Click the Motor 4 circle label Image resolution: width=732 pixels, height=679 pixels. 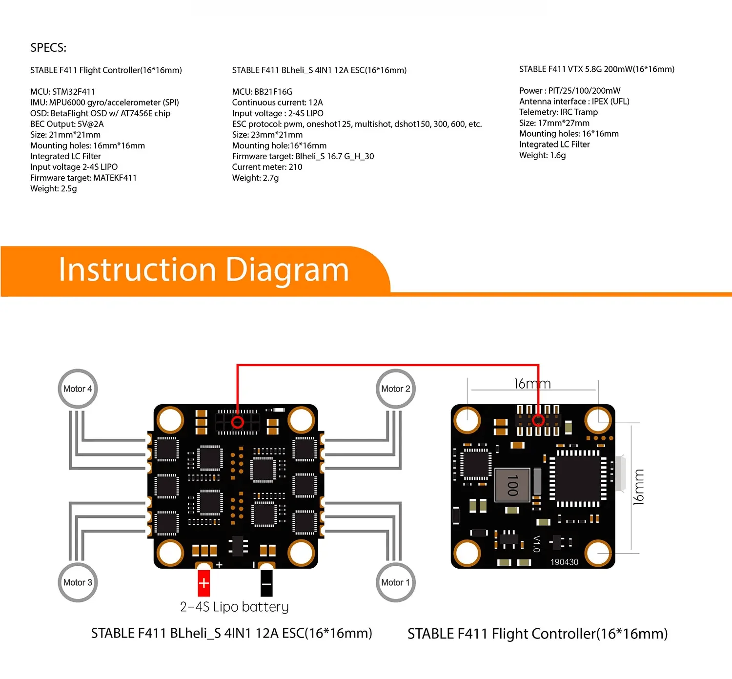(x=78, y=389)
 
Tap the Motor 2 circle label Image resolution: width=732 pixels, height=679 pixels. (x=395, y=389)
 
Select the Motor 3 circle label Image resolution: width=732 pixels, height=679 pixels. (x=78, y=582)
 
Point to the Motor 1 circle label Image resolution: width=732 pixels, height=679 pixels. (x=395, y=582)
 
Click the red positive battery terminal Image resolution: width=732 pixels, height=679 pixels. (x=203, y=583)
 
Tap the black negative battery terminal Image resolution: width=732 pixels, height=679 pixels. (x=266, y=583)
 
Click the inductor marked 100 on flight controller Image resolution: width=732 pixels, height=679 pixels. (x=512, y=485)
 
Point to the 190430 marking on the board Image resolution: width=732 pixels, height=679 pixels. (x=564, y=562)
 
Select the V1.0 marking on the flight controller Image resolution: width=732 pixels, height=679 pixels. (x=536, y=544)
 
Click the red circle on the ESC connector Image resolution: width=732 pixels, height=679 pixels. (x=238, y=422)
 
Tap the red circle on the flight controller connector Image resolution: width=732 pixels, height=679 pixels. (x=538, y=420)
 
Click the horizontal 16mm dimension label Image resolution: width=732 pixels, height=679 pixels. (x=532, y=384)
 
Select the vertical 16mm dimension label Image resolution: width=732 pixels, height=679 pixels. (x=638, y=487)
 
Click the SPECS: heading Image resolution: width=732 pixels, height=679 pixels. (x=48, y=48)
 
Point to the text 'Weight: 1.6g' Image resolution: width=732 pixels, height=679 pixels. (x=542, y=155)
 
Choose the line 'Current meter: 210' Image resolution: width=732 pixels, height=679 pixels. (x=267, y=167)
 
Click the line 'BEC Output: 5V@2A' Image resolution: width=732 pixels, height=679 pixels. (x=67, y=124)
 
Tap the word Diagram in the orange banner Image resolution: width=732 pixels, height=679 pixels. (x=287, y=270)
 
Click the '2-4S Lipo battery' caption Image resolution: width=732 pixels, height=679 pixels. (x=234, y=607)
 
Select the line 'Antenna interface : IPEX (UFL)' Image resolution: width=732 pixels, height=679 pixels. (x=574, y=102)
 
